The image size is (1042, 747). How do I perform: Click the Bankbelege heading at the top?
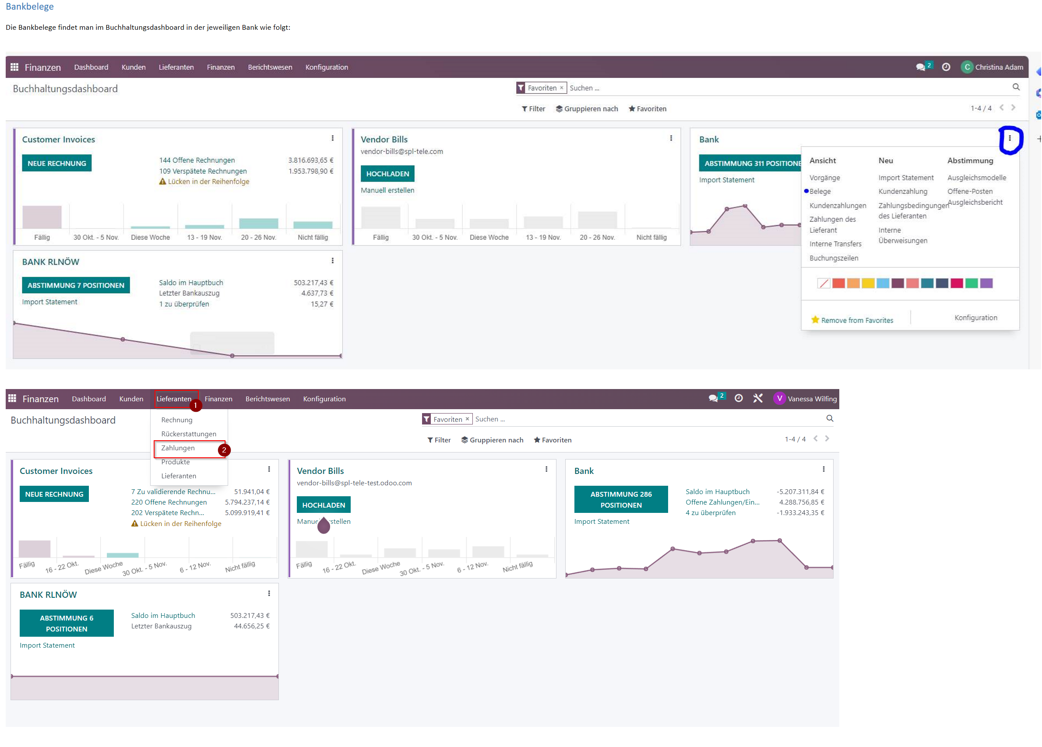[x=29, y=7]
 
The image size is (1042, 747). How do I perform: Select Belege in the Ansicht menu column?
[x=820, y=192]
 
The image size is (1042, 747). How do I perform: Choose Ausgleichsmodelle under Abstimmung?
[x=976, y=178]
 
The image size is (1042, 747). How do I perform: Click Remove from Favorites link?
[x=857, y=320]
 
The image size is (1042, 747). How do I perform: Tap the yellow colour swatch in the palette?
[x=867, y=283]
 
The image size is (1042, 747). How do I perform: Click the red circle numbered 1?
[x=195, y=405]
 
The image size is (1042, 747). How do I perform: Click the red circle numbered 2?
[x=224, y=450]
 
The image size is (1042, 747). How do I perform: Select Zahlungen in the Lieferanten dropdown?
[x=178, y=448]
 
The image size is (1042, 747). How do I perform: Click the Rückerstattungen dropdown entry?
[x=188, y=434]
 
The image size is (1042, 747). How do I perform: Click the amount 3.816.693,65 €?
[x=310, y=160]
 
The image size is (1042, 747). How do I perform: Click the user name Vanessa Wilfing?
[x=812, y=399]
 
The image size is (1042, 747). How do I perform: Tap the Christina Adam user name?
[x=999, y=67]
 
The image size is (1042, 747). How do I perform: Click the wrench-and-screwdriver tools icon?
[x=757, y=399]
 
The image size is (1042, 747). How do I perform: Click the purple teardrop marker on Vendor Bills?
[x=324, y=525]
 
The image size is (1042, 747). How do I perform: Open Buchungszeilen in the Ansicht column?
[x=834, y=258]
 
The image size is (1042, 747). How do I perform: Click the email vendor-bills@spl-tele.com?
[x=401, y=151]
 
